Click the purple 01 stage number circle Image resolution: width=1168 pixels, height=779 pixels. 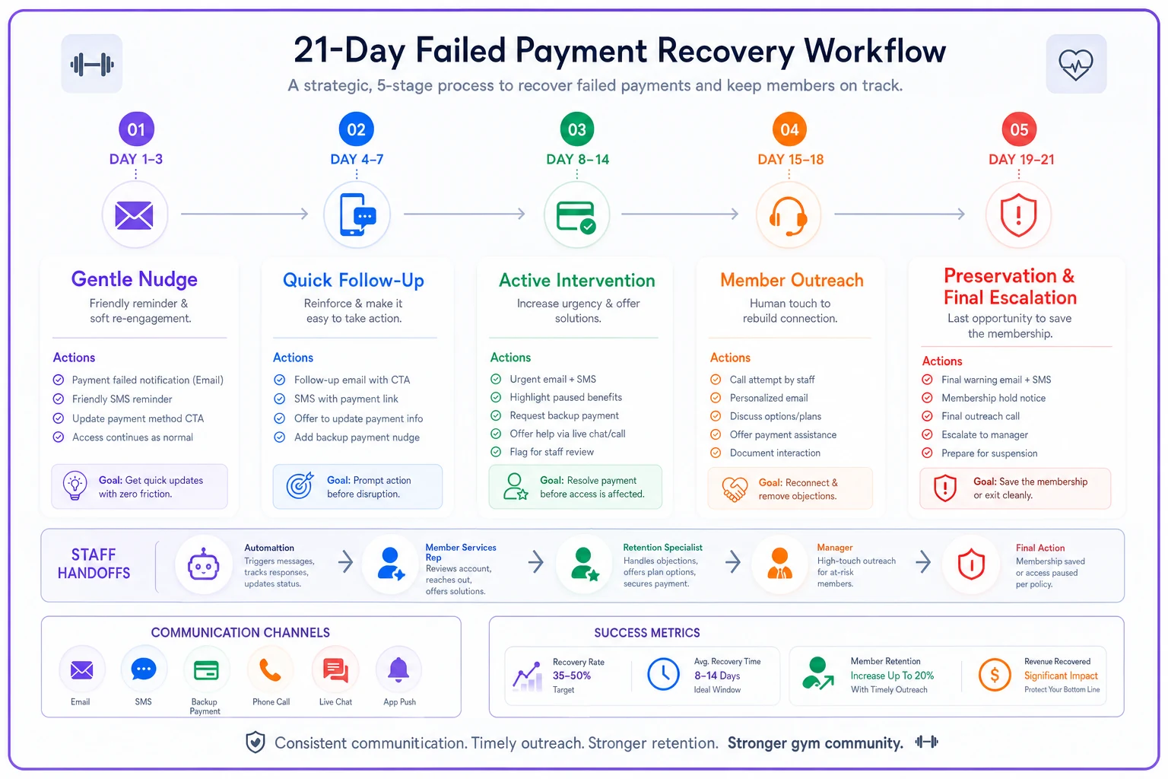point(136,129)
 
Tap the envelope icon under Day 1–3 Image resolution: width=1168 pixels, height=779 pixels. point(135,215)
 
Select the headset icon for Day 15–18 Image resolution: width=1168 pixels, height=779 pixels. point(789,215)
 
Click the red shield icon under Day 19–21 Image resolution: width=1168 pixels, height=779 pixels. point(1018,215)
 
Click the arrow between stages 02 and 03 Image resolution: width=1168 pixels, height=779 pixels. point(464,214)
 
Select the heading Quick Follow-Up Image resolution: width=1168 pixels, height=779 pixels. point(353,280)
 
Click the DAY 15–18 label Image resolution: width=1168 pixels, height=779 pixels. point(790,159)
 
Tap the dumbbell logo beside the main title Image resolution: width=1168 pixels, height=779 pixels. point(92,64)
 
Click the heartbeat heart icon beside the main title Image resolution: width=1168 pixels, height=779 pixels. point(1075,64)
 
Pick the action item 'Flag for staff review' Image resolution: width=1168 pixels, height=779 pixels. point(551,452)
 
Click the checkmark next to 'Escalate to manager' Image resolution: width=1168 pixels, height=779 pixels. point(927,434)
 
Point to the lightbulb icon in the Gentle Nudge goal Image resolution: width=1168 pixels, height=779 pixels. point(75,486)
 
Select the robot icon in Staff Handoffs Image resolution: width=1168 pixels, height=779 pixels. point(203,564)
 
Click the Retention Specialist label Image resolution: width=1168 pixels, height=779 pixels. point(662,547)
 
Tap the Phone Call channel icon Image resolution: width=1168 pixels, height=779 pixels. point(271,670)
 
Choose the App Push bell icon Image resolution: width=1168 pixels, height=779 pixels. point(398,670)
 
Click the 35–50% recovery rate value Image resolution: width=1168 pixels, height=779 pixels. point(572,676)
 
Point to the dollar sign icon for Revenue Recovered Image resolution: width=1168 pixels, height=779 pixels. point(994,676)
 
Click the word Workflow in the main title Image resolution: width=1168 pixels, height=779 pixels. point(875,51)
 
